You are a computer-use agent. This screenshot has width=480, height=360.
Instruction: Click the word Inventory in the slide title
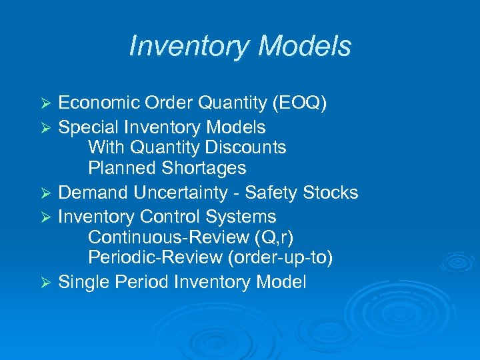tap(189, 46)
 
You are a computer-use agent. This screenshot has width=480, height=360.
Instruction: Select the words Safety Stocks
tap(301, 193)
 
